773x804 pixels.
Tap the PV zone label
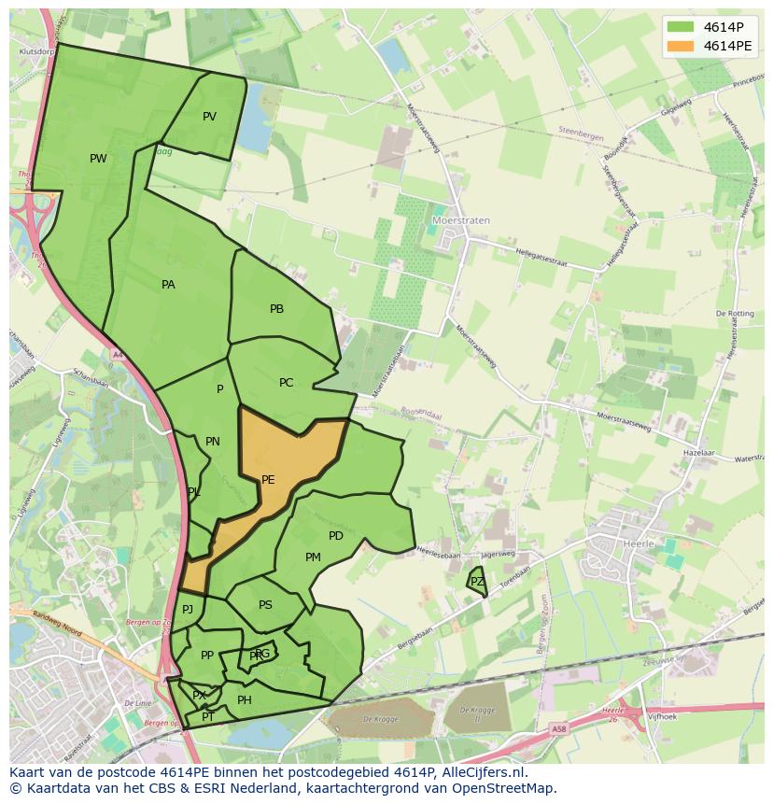pos(209,117)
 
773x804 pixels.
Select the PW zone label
pos(98,159)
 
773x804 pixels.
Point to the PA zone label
pos(168,285)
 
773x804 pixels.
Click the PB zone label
pos(276,309)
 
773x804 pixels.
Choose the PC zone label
pos(286,383)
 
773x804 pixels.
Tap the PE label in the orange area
pos(268,480)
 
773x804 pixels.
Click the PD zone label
pos(336,536)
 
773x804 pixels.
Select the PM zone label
pos(313,557)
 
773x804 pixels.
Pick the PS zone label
pos(265,605)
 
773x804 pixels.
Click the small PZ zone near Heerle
pos(477,582)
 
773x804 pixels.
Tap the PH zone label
pos(245,700)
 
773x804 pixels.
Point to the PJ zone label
pos(188,610)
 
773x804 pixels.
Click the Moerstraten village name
pos(461,221)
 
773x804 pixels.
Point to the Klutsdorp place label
pos(34,52)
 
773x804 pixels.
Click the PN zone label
pos(213,442)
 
